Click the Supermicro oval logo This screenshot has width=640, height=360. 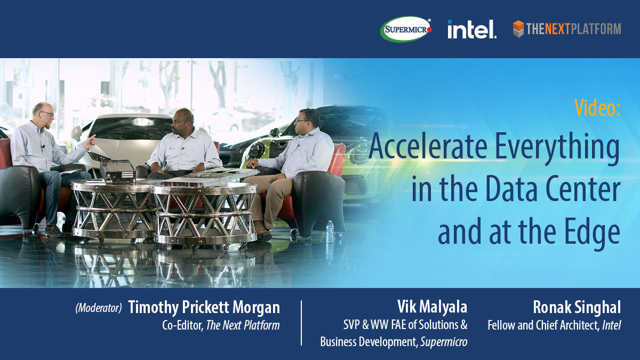click(x=406, y=29)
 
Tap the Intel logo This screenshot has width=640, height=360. click(x=471, y=29)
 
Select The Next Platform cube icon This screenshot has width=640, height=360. click(x=518, y=29)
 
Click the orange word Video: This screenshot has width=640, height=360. click(x=597, y=108)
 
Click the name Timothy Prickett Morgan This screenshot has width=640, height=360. click(x=204, y=308)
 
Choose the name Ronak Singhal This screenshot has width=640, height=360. click(x=577, y=307)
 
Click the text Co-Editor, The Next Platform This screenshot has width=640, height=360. click(x=220, y=325)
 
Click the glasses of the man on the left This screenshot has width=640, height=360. click(x=47, y=114)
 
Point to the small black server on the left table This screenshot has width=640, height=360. click(x=118, y=171)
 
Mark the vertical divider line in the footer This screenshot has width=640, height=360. click(x=301, y=323)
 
